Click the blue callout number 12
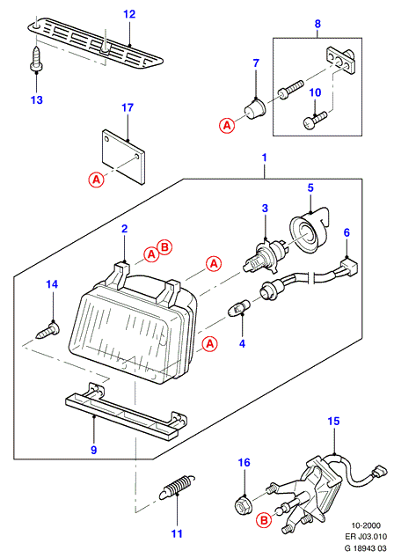[x=129, y=14]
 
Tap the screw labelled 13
[x=36, y=58]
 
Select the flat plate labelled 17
[x=123, y=157]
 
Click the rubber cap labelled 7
[x=256, y=109]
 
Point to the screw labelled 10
[x=315, y=120]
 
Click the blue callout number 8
[x=317, y=24]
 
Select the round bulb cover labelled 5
[x=309, y=231]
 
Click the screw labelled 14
[x=48, y=330]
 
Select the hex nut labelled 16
[x=244, y=504]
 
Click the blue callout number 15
[x=333, y=421]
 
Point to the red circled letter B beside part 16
[x=265, y=521]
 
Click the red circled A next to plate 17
[x=97, y=180]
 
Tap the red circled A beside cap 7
[x=227, y=125]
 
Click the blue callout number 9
[x=93, y=450]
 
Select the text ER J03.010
[x=366, y=536]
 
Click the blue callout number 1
[x=264, y=158]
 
